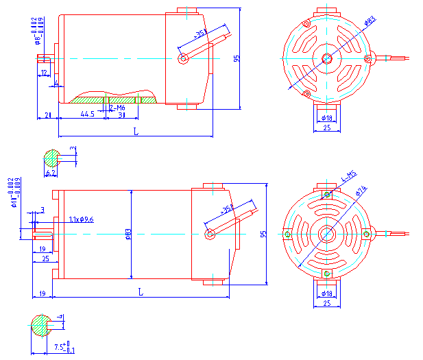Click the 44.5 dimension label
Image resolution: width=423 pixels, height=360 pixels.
87,114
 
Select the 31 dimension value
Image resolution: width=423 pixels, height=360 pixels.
121,115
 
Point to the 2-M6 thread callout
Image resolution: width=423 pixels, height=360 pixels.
117,108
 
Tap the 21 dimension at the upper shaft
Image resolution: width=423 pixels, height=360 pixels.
48,114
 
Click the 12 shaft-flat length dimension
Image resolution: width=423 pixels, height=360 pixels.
44,72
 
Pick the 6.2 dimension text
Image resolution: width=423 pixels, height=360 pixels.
51,173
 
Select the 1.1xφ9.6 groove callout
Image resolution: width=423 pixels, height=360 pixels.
81,220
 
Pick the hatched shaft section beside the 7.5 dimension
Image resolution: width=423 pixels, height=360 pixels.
42,324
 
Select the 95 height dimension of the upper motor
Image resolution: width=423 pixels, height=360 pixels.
236,59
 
